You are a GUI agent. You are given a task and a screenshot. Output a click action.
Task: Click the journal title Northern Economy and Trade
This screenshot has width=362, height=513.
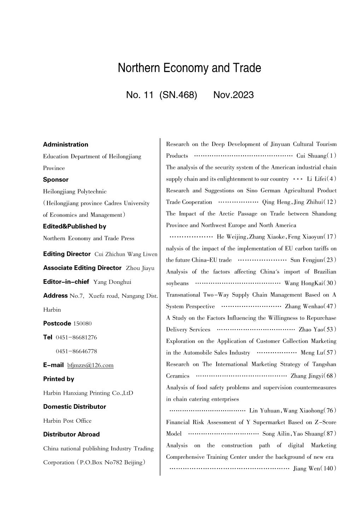pos(189,68)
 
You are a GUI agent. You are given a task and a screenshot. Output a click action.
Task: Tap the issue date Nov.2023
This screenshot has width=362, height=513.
pos(233,95)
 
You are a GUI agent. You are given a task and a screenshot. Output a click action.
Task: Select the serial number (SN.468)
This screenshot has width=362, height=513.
pos(178,95)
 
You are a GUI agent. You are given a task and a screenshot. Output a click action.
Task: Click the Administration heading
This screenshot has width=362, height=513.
pos(65,145)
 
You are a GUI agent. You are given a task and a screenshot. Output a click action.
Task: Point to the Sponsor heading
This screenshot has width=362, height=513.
pos(56,180)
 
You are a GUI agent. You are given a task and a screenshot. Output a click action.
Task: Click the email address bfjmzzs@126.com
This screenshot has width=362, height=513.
pos(90,365)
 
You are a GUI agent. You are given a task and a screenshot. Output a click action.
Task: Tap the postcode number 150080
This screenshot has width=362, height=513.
pos(82,323)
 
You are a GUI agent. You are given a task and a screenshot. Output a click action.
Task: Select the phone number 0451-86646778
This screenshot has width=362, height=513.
pos(76,351)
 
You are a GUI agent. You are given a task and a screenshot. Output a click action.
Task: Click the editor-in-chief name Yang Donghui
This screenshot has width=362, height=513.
pos(112,282)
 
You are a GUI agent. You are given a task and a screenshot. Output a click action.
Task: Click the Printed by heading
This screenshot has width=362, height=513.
pos(59,379)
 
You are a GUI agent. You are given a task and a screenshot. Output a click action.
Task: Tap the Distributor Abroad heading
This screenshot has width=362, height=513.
pos(71,434)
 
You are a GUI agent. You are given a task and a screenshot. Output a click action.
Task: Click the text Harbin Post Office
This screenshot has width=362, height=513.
pos(67,421)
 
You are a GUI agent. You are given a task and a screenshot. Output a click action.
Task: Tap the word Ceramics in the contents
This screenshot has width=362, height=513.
pos(177,376)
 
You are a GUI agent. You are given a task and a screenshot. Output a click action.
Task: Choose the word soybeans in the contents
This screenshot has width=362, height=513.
pos(177,283)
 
